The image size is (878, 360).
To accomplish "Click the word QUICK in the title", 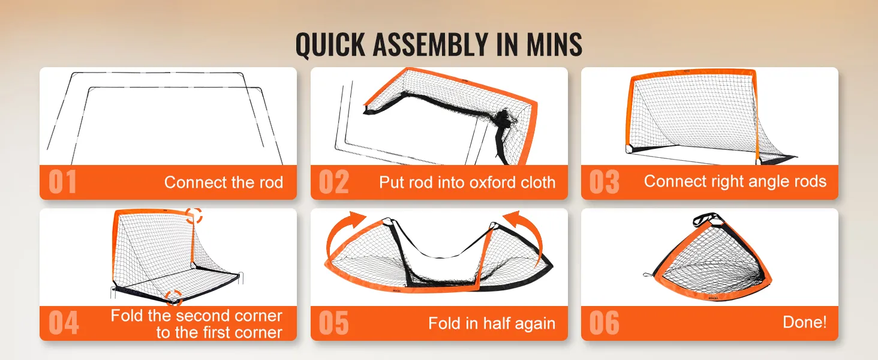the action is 330,45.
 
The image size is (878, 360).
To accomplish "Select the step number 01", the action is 62,182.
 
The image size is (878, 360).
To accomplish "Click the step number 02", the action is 333,182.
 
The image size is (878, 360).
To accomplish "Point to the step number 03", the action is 604,182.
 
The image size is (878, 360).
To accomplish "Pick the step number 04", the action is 64,323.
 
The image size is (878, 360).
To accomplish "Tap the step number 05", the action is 333,323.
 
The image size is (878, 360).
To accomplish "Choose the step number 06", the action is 604,323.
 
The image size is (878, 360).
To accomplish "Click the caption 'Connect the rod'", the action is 224,182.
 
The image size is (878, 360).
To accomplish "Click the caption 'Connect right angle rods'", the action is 735,182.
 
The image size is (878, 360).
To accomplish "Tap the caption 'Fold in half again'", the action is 492,323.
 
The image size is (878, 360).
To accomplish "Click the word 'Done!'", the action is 804,322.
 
